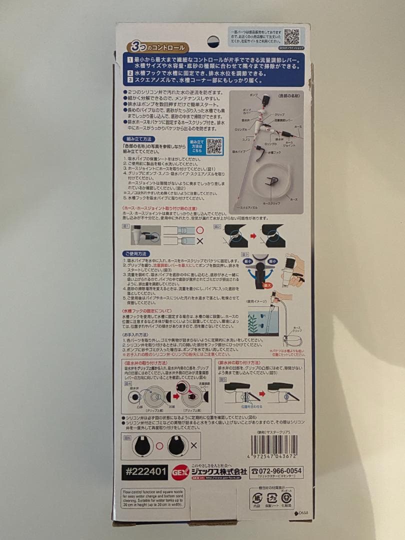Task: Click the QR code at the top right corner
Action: click(291, 36)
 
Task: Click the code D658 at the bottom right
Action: click(301, 513)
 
